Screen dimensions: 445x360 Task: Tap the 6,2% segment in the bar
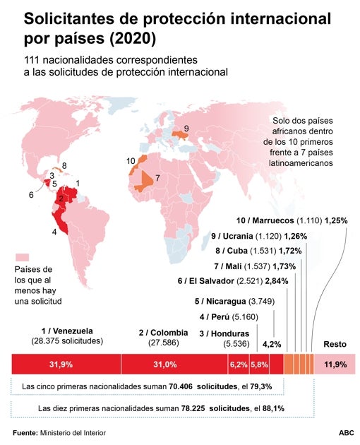pos(237,364)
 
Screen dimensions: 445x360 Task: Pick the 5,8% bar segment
pos(259,364)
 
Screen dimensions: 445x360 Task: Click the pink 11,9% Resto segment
pos(335,364)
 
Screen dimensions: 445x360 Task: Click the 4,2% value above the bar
pos(272,344)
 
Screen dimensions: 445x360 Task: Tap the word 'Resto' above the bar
pos(335,344)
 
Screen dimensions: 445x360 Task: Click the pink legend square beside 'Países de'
pos(23,256)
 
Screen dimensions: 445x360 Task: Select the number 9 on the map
pos(186,128)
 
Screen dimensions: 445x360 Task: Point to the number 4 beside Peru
pos(54,231)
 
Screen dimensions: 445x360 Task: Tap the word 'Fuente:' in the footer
pos(25,431)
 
